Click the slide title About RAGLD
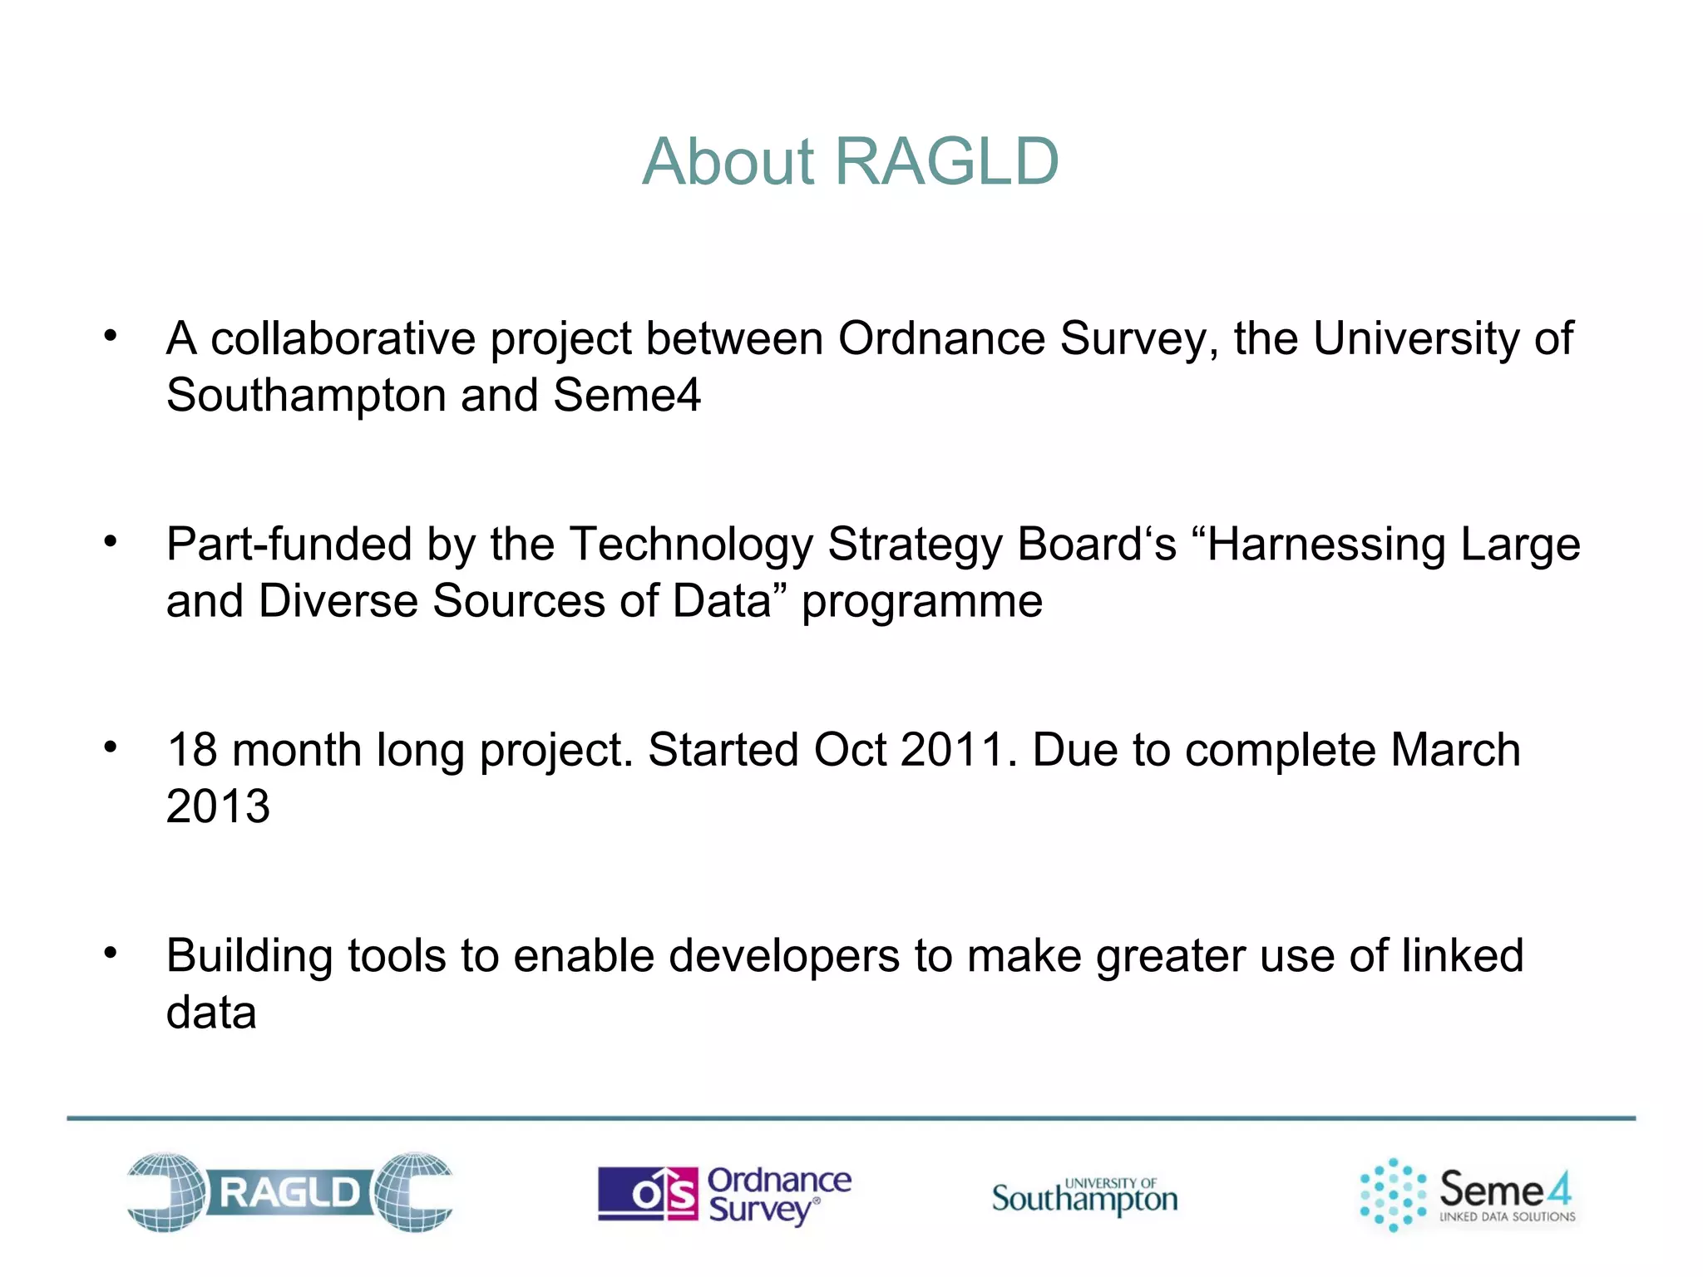851,161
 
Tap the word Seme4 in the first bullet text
627,395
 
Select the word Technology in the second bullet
692,545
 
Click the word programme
921,602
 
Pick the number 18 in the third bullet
193,750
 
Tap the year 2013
218,806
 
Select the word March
1455,750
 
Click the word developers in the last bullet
784,956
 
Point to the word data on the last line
211,1013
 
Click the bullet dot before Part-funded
111,542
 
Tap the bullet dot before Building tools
111,953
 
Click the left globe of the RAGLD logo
166,1191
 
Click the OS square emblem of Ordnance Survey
648,1194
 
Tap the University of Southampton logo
1084,1196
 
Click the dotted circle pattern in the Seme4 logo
1392,1195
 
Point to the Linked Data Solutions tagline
1507,1216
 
